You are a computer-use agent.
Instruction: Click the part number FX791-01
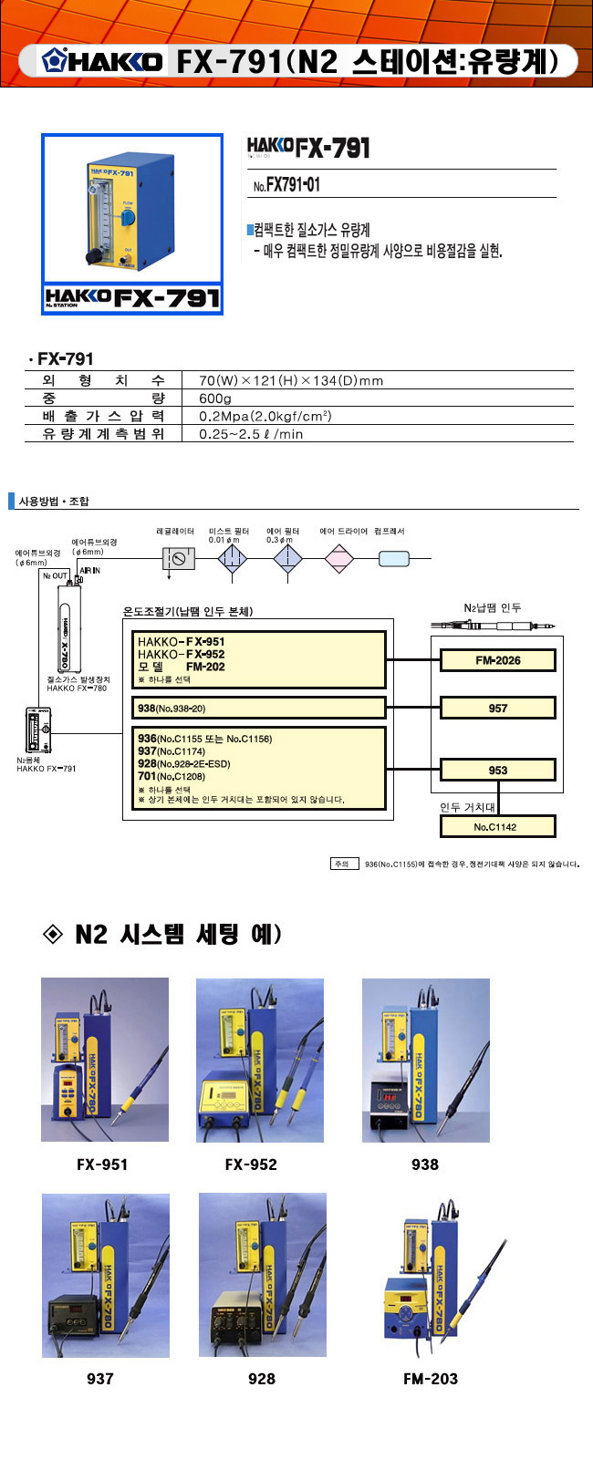286,185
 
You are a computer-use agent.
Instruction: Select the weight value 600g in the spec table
215,399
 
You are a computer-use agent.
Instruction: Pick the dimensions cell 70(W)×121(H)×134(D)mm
291,380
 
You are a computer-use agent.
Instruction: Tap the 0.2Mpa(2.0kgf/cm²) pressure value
265,416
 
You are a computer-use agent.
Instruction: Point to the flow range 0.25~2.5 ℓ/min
251,434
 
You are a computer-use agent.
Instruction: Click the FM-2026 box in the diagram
497,660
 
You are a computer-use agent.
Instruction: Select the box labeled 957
497,708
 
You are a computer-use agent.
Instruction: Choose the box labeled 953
497,770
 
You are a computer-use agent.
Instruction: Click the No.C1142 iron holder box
497,827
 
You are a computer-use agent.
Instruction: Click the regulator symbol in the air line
179,558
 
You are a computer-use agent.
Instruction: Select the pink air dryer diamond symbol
338,558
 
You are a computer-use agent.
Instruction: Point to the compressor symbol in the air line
394,559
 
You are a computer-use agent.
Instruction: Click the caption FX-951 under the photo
102,1165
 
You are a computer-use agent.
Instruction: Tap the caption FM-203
431,1379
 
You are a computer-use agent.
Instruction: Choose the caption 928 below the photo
262,1379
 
